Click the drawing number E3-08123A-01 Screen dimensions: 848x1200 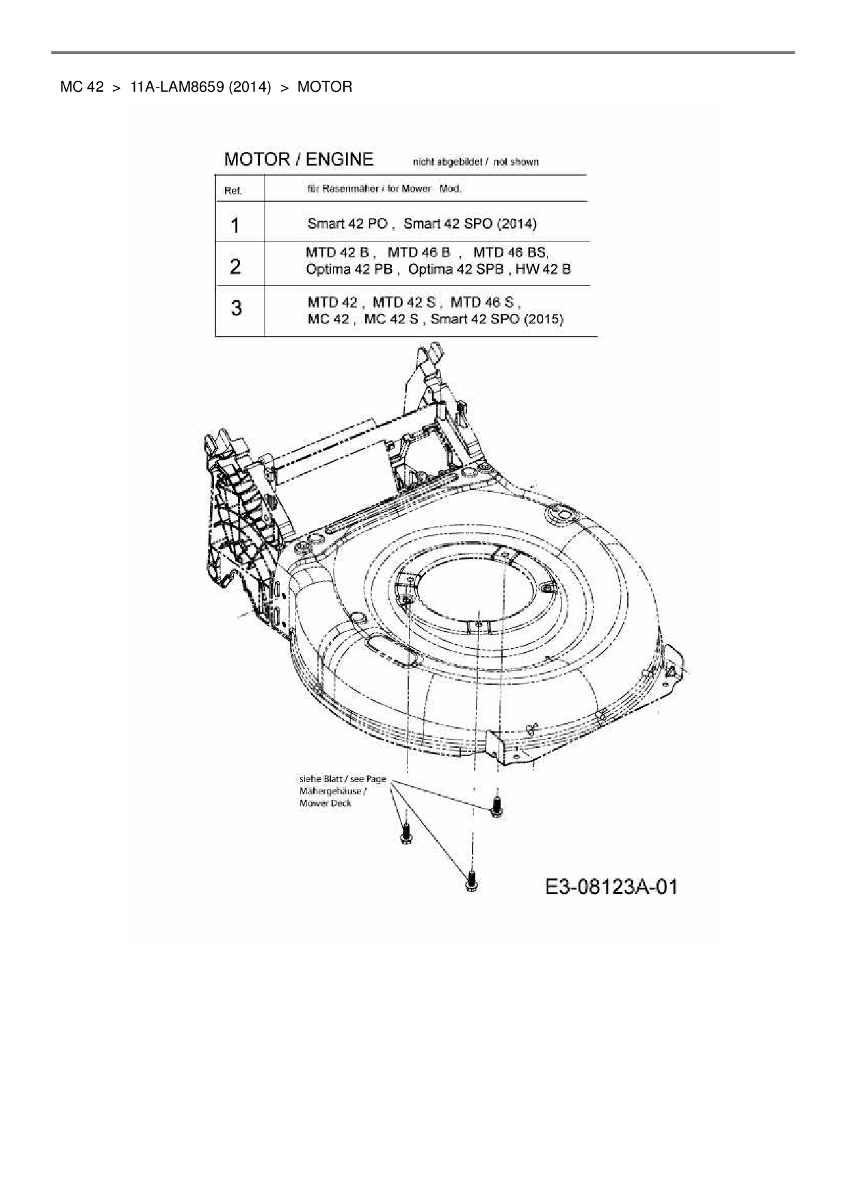point(611,887)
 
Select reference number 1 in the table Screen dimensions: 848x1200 point(235,225)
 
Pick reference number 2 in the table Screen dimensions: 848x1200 point(235,266)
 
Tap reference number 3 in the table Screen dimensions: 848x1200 point(236,308)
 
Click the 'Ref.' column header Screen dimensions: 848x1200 point(233,191)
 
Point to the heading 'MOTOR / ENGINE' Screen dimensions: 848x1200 point(299,159)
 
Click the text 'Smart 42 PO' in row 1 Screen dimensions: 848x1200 point(347,224)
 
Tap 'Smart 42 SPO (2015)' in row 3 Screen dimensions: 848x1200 point(497,319)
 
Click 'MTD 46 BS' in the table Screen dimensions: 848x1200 point(510,252)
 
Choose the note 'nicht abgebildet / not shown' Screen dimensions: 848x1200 point(475,162)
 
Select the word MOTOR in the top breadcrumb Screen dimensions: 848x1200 point(325,88)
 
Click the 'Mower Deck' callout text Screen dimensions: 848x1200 point(326,803)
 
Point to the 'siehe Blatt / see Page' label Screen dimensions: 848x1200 point(343,779)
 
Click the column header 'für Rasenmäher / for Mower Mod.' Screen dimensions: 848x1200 point(384,189)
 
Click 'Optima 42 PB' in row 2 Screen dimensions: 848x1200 point(349,269)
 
